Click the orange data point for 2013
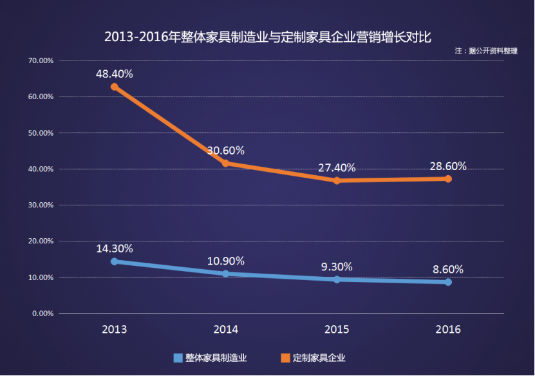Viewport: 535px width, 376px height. coord(114,86)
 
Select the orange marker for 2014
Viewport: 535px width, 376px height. coord(225,163)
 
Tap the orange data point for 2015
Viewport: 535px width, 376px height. coord(337,180)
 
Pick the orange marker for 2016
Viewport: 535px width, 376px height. coord(448,178)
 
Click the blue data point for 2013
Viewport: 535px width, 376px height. coord(114,261)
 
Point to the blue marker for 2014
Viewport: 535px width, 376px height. coord(225,274)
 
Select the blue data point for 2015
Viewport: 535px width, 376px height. coord(337,279)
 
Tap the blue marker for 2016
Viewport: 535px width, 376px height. coord(448,282)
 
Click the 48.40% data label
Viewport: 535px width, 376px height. coord(115,74)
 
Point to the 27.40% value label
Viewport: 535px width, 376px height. coord(337,167)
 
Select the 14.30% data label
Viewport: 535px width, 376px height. coord(115,249)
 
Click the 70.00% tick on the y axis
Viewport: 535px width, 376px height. coord(40,61)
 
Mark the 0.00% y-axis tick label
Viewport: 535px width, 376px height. coord(42,314)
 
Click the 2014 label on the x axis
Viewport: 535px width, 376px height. coord(225,329)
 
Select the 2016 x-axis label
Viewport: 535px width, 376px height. coord(448,329)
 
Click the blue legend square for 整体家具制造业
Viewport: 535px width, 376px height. coord(178,358)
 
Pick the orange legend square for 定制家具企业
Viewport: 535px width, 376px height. coord(285,358)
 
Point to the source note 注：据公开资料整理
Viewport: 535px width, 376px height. coord(486,50)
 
